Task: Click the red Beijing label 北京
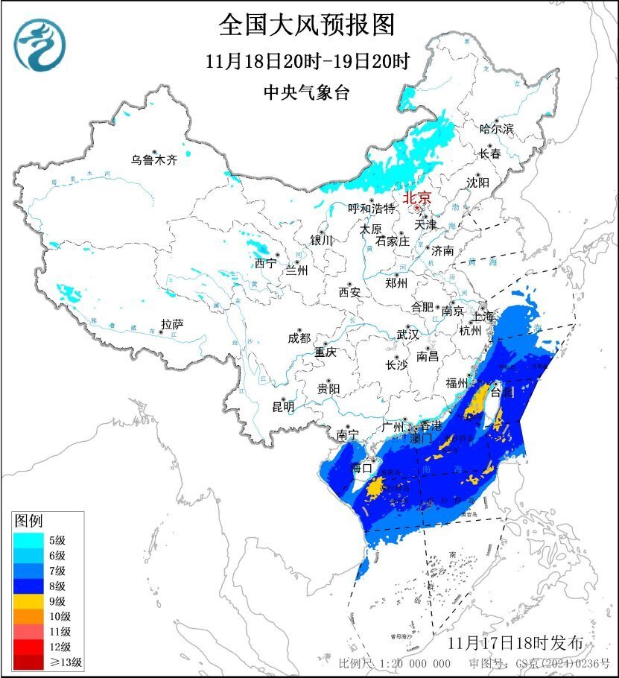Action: click(x=416, y=198)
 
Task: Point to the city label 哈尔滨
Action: click(x=496, y=129)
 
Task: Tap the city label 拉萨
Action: click(x=171, y=324)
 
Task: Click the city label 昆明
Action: click(x=283, y=407)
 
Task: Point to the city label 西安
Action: click(x=349, y=292)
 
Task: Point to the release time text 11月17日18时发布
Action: click(x=521, y=642)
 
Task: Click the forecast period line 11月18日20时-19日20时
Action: click(x=308, y=62)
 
